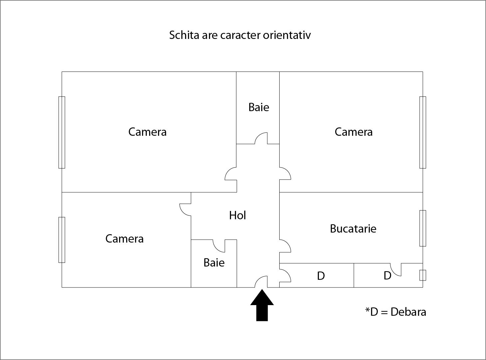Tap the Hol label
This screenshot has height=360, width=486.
(x=237, y=215)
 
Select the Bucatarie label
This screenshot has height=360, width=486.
(x=353, y=229)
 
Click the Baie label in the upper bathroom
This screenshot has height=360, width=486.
(x=259, y=107)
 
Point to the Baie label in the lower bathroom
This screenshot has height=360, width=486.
(x=214, y=263)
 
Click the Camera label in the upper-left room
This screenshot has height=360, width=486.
(x=147, y=132)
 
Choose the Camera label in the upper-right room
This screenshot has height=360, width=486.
(x=353, y=132)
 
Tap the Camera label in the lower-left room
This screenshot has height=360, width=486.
(x=124, y=239)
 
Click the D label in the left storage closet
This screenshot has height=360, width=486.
(x=321, y=276)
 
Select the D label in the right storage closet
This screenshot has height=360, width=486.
(x=387, y=275)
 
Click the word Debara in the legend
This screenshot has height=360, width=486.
(x=408, y=312)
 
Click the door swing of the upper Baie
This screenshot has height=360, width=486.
(x=261, y=138)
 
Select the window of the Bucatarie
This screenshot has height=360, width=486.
(x=423, y=228)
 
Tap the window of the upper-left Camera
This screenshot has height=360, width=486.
(x=62, y=132)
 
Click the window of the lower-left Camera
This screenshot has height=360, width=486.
(x=62, y=240)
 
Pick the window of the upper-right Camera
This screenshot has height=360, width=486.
(x=423, y=132)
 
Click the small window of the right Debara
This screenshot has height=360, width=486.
(x=423, y=275)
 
